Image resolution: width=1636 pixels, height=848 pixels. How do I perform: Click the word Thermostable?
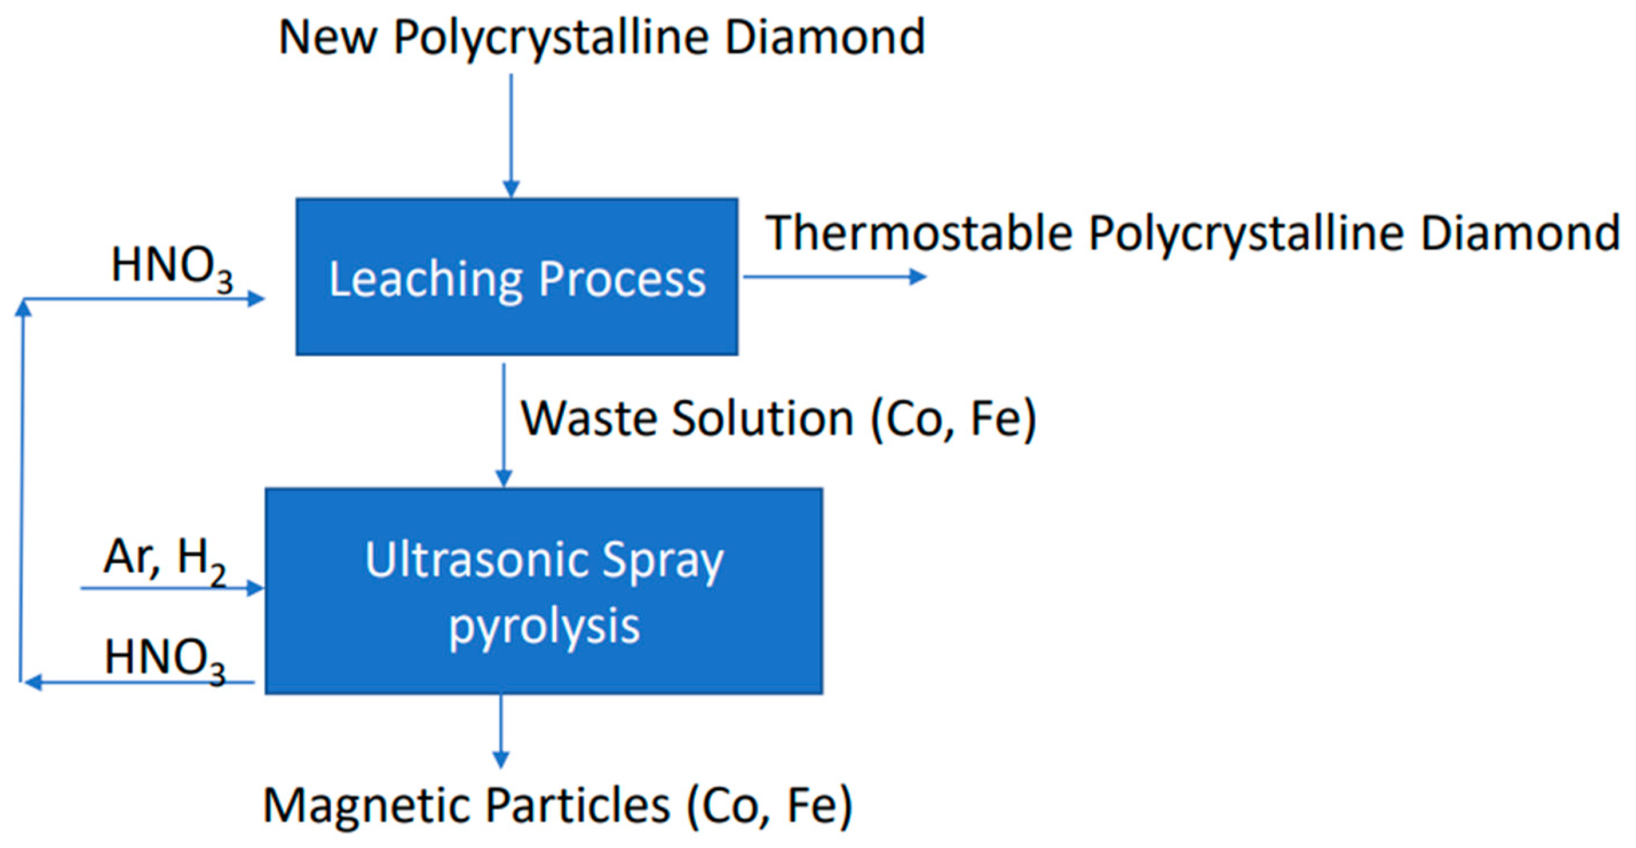point(918,233)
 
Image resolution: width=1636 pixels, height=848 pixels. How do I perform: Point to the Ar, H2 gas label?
point(164,559)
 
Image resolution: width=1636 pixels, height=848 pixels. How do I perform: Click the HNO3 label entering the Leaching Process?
point(172,267)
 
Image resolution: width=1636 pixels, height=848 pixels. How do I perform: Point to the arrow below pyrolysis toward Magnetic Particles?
point(501,730)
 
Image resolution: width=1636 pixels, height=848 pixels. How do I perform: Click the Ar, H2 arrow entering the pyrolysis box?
point(172,588)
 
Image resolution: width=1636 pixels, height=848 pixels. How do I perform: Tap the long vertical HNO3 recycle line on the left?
point(23,489)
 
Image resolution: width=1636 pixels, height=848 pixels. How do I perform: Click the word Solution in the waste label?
point(763,419)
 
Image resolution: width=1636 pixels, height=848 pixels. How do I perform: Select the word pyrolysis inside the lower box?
point(544,627)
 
